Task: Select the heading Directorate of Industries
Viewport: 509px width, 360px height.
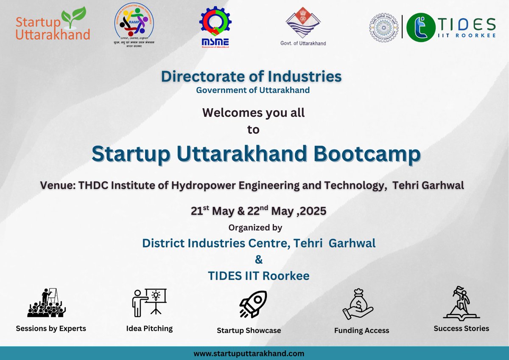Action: point(251,76)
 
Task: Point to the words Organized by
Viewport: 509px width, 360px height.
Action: point(255,228)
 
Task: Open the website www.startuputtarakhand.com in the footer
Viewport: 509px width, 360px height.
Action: point(249,353)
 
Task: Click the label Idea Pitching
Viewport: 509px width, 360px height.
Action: point(149,329)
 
